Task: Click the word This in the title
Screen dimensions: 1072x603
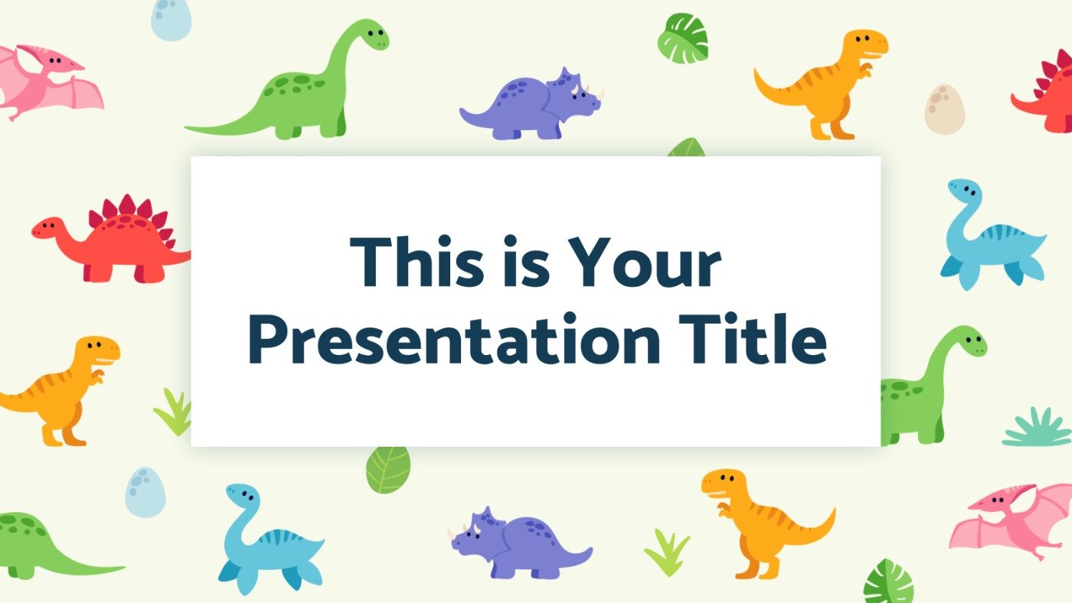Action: point(417,261)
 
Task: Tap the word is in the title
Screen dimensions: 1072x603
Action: point(526,261)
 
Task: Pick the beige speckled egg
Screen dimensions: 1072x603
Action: point(944,109)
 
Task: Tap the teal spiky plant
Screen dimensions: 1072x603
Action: point(1037,427)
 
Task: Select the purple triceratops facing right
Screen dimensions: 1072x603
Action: point(532,104)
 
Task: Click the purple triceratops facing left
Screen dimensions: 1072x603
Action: point(520,543)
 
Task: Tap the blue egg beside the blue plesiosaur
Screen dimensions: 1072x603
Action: point(145,492)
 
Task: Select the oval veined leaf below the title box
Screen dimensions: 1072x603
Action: point(388,470)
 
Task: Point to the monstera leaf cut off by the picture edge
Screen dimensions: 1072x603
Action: point(888,582)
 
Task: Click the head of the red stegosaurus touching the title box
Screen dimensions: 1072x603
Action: point(47,227)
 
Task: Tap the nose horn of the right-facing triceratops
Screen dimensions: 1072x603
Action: point(602,93)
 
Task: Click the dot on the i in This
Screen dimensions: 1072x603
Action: point(445,240)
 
